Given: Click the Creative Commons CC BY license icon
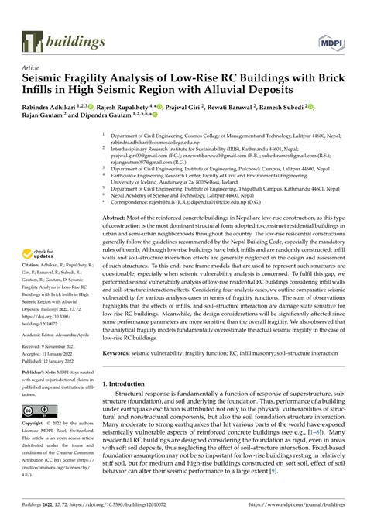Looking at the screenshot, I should [38, 410].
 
